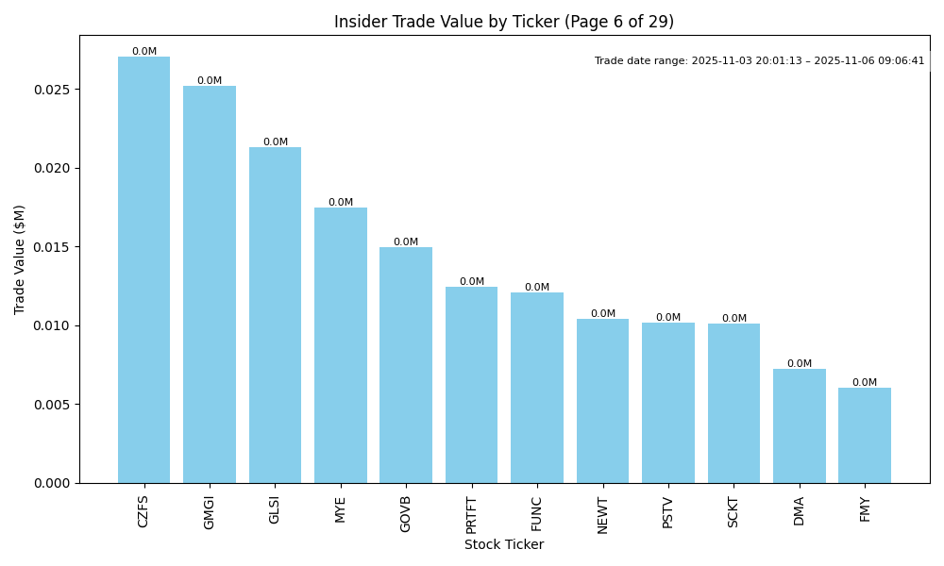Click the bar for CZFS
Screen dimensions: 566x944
coord(143,270)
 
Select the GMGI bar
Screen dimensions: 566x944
coord(210,284)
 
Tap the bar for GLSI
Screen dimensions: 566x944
coord(275,315)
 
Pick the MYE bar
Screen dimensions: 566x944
coord(341,345)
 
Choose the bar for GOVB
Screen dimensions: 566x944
coord(406,365)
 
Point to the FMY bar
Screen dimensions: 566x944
coord(865,435)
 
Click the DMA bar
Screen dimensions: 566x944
coord(800,425)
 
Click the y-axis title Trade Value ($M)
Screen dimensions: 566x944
coord(20,259)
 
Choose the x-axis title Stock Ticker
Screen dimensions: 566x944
coord(504,544)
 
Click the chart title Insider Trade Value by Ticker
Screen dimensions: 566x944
coord(504,22)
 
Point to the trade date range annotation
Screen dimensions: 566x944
coord(759,60)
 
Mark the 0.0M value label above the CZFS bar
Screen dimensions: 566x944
coord(144,52)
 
